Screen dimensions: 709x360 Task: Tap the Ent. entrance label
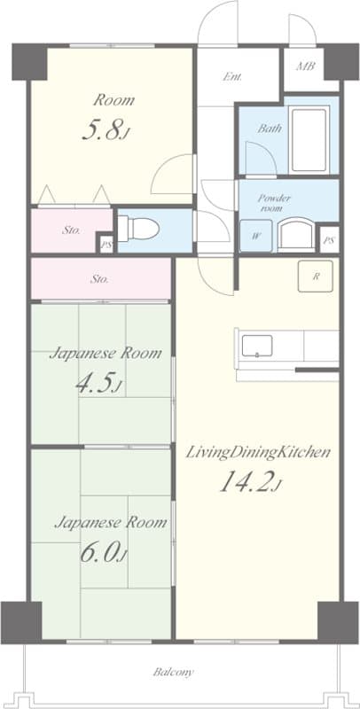(233, 77)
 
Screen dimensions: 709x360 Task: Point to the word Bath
(270, 129)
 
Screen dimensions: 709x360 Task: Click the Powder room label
(274, 203)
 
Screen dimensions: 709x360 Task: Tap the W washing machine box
(256, 236)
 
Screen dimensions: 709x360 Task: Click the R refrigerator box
(315, 276)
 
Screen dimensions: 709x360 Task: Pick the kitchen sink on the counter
(255, 345)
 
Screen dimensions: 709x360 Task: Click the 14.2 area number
(250, 484)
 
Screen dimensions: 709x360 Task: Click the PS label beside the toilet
(107, 244)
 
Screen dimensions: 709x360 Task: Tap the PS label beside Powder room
(329, 240)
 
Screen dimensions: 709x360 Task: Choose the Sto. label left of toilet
(72, 230)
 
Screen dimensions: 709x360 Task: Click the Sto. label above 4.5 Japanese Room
(100, 279)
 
